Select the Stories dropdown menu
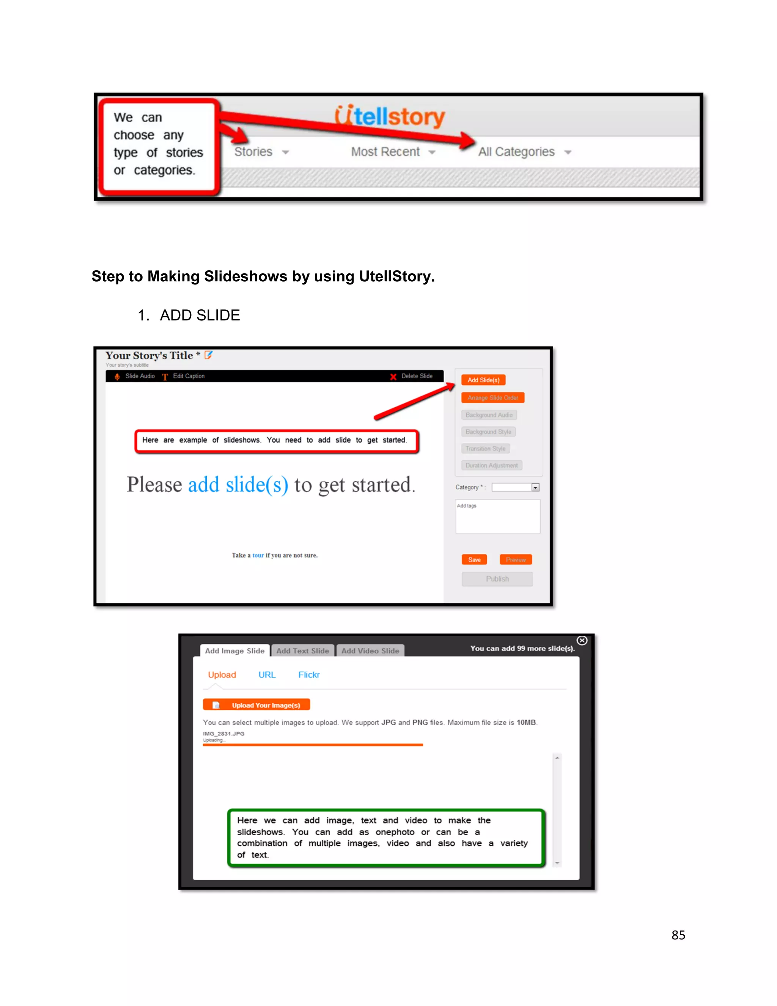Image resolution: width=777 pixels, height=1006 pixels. tap(261, 151)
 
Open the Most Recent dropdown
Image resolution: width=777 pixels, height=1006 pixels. tap(392, 151)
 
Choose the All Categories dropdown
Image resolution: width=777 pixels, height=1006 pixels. tap(524, 151)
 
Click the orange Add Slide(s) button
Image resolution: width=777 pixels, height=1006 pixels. tap(483, 380)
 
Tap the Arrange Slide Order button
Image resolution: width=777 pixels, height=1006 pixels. tap(492, 397)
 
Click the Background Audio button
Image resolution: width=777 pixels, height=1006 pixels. tap(489, 415)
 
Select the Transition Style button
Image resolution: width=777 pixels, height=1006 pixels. tap(485, 449)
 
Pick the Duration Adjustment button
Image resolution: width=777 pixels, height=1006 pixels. tap(491, 465)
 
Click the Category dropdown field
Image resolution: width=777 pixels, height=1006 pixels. tap(515, 487)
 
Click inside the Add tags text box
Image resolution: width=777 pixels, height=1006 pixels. tap(498, 517)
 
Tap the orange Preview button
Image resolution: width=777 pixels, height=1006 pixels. tap(516, 560)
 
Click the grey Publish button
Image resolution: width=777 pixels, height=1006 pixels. tap(497, 579)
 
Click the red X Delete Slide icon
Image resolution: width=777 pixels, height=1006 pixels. tap(393, 376)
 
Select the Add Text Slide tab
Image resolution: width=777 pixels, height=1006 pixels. tap(302, 651)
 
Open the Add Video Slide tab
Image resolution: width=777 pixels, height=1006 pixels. tap(370, 651)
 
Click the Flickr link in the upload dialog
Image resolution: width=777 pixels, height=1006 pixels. tap(309, 675)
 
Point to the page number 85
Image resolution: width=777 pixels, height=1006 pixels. tap(678, 935)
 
